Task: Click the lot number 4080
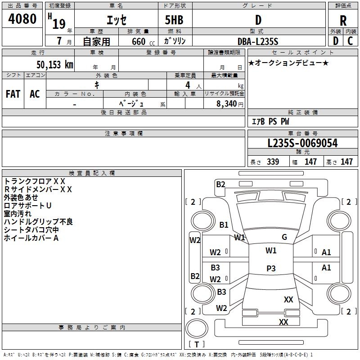click(22, 19)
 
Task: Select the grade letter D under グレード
click(258, 20)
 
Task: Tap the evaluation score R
click(343, 21)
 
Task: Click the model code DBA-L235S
click(258, 41)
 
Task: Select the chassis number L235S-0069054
click(302, 143)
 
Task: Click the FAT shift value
click(13, 94)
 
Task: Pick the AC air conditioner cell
click(35, 94)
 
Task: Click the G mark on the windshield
click(284, 237)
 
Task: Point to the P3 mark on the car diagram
click(271, 268)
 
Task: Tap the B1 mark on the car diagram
click(224, 225)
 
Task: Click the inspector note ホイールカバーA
click(31, 238)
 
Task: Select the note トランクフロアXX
click(35, 181)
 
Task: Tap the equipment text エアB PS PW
click(270, 121)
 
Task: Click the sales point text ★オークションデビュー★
click(288, 63)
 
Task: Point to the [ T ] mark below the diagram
click(197, 344)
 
